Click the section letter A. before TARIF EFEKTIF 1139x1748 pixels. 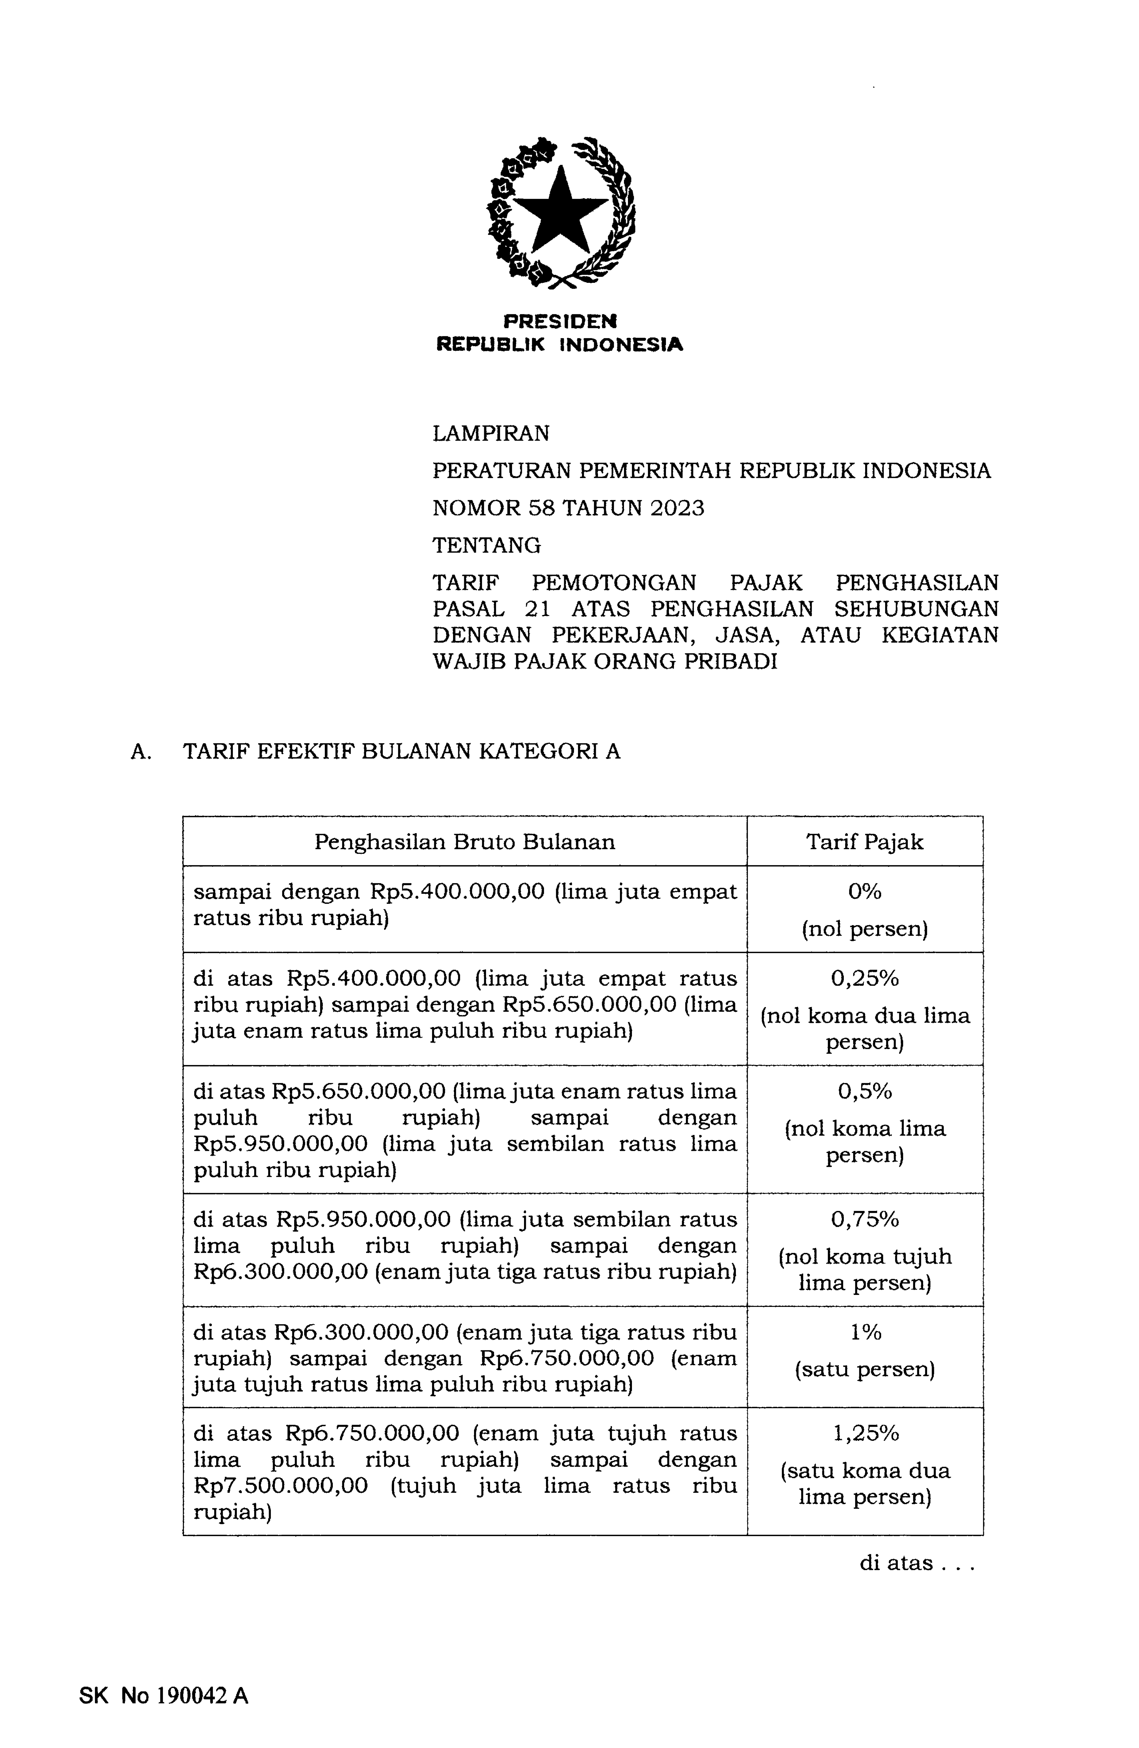click(x=140, y=751)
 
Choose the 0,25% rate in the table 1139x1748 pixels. click(x=864, y=977)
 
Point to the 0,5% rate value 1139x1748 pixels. click(x=864, y=1091)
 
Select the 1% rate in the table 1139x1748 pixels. click(x=864, y=1332)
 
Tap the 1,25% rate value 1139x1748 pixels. click(x=864, y=1433)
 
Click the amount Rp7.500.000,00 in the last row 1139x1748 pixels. click(x=281, y=1486)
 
